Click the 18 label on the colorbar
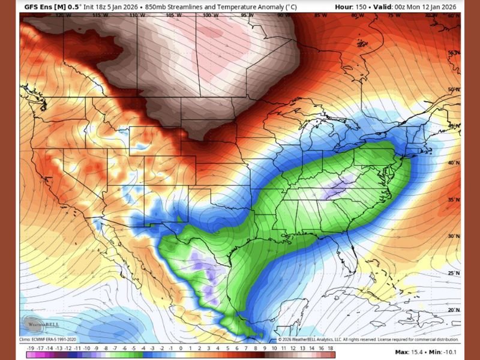click(x=330, y=347)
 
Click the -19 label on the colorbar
click(x=30, y=347)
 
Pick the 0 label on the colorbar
click(x=181, y=347)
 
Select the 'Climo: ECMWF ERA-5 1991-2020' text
click(x=51, y=340)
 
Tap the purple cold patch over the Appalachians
click(x=337, y=188)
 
